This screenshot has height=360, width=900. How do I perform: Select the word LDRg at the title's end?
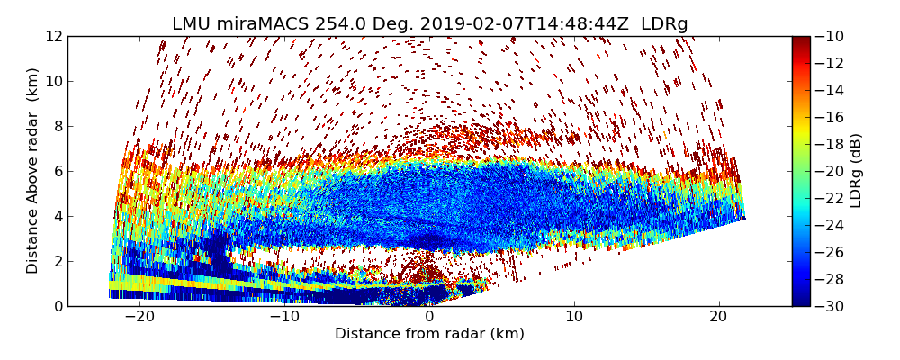coord(664,24)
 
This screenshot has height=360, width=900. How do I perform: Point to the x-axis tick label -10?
coord(284,317)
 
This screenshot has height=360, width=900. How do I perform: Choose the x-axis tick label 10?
coord(574,317)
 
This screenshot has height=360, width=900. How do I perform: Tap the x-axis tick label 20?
coord(719,317)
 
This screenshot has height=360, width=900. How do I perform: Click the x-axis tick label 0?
coord(429,317)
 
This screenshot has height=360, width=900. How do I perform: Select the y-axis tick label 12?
coord(54,37)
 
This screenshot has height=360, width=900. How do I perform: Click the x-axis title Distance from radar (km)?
coord(429,334)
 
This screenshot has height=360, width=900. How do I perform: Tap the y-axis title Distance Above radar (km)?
coord(33,171)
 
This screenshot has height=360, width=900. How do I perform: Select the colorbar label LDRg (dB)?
coord(856,171)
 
